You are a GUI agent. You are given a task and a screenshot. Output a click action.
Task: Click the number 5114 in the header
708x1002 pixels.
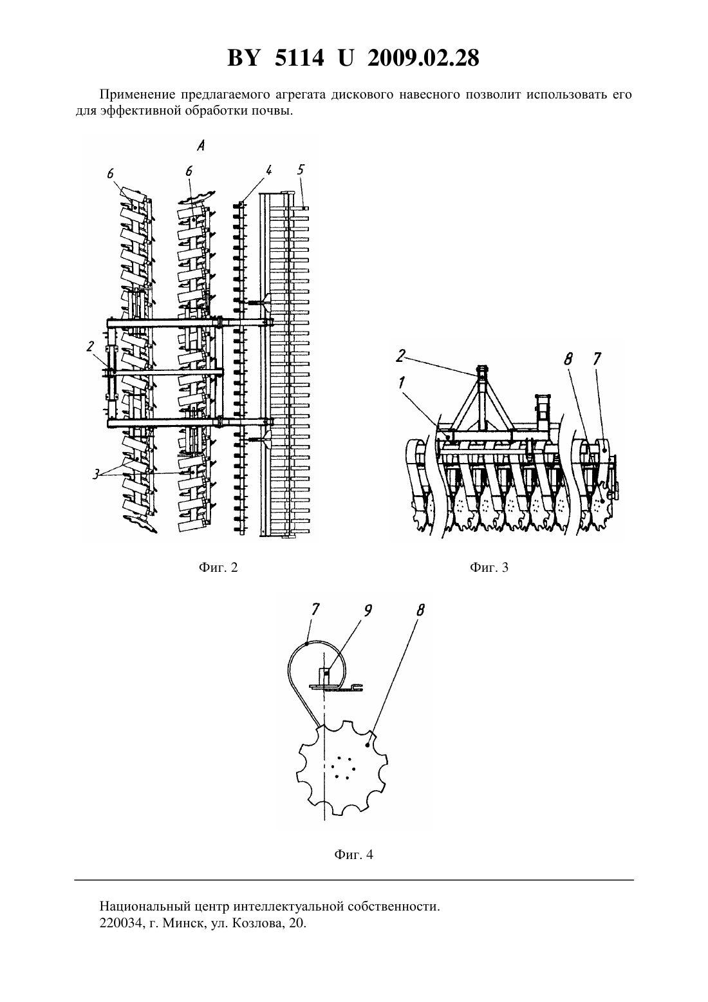(x=299, y=58)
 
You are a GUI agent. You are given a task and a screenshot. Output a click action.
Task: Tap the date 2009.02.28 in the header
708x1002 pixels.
(x=424, y=58)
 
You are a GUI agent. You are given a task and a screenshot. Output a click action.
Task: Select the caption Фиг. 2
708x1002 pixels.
(x=218, y=568)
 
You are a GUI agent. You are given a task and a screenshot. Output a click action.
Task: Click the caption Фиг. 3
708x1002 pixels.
(x=489, y=568)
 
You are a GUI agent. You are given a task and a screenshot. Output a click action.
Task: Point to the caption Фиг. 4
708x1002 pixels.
(x=353, y=855)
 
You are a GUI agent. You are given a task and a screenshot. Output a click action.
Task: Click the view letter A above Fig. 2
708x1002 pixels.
(x=201, y=146)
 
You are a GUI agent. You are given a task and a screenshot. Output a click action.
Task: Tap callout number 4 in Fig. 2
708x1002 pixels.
(x=268, y=171)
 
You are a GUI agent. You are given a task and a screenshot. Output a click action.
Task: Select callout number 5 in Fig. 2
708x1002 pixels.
(x=301, y=170)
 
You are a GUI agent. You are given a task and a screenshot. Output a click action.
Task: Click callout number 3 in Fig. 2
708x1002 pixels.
(x=96, y=474)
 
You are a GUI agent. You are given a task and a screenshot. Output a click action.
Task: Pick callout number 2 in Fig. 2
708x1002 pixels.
(x=90, y=346)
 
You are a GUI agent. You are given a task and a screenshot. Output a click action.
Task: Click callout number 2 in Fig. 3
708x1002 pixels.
(x=401, y=355)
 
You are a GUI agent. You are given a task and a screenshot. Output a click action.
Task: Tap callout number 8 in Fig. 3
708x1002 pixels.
(x=568, y=359)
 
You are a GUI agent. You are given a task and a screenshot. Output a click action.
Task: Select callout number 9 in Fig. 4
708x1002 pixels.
(x=368, y=610)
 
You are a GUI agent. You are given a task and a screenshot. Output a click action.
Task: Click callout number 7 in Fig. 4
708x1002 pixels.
(x=315, y=610)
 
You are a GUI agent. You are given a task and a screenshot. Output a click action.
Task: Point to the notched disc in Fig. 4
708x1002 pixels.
(x=342, y=767)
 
